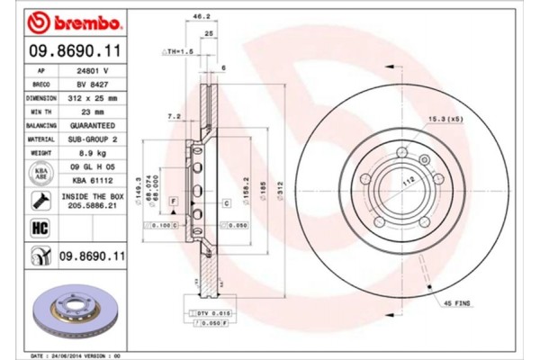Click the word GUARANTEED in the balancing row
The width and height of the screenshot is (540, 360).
pos(91,126)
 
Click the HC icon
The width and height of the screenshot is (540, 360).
pos(40,228)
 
